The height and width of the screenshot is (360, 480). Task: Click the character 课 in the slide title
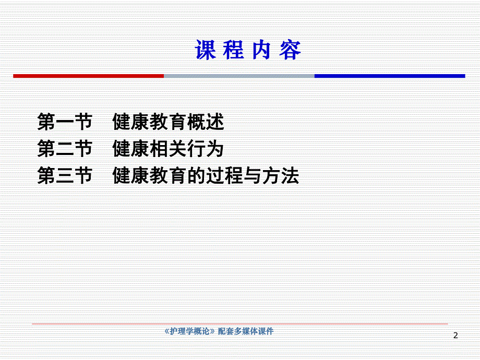pos(206,51)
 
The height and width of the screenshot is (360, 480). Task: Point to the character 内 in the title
pos(262,51)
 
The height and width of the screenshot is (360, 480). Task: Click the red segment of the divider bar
pos(88,76)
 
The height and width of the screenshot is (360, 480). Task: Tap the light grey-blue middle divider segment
pos(239,76)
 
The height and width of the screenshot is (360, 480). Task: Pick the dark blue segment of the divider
pos(389,76)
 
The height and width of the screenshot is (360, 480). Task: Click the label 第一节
pos(65,123)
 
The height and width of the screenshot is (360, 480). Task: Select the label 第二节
pos(65,150)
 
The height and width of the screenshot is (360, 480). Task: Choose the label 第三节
pos(65,176)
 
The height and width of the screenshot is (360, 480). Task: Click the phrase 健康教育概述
pos(168,123)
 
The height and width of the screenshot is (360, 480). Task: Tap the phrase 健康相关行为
pos(168,150)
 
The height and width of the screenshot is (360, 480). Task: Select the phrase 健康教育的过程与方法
pos(206,176)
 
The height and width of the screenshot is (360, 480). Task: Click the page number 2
pos(455,335)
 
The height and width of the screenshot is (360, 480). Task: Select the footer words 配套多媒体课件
pos(246,331)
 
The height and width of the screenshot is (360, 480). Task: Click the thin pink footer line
pos(240,324)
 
